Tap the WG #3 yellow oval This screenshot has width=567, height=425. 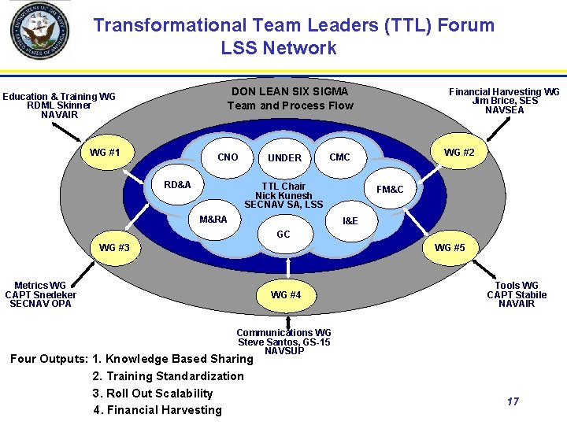[x=114, y=248]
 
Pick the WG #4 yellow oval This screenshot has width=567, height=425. [x=286, y=295]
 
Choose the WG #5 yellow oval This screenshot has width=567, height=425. [x=450, y=248]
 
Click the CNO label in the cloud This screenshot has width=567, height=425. [x=228, y=157]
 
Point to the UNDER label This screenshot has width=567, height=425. [x=284, y=158]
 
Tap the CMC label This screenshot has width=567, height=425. [x=339, y=157]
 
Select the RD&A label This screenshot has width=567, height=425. [x=177, y=185]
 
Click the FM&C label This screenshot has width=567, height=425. [x=390, y=190]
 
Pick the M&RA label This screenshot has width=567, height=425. [x=213, y=219]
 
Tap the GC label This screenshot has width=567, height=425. [x=283, y=235]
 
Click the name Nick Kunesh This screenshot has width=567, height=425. [x=283, y=195]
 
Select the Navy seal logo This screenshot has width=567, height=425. [x=39, y=31]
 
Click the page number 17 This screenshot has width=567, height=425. [x=513, y=402]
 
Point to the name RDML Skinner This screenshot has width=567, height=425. [x=59, y=105]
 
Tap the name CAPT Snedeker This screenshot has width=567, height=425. [x=40, y=294]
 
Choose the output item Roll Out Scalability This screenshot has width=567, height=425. [x=153, y=393]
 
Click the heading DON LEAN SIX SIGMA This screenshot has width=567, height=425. [x=290, y=91]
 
